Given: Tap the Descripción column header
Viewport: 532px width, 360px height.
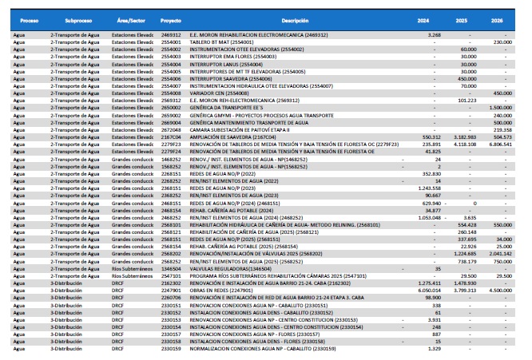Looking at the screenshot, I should [x=295, y=18].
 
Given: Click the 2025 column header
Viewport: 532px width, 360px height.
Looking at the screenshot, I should [x=468, y=18].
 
